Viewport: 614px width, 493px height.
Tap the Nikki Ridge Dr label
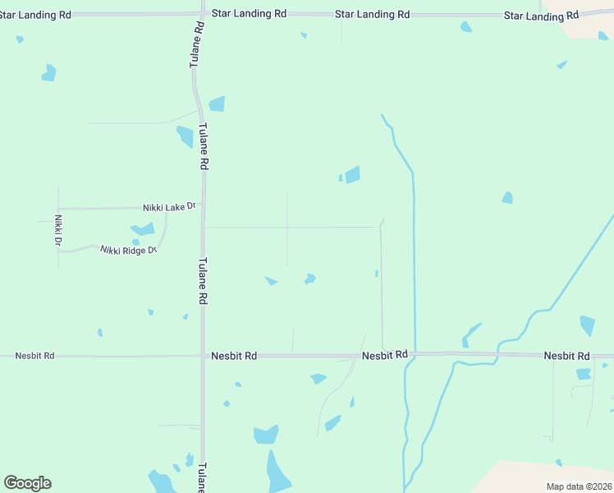coord(128,250)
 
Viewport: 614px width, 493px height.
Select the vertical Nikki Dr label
coord(58,230)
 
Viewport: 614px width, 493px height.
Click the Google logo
coord(27,483)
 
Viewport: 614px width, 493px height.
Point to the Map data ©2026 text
coord(579,486)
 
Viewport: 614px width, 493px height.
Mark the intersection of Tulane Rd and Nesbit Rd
coord(203,356)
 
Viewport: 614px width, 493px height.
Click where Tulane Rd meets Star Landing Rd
coord(201,14)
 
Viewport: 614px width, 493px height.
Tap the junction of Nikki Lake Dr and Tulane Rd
coord(204,208)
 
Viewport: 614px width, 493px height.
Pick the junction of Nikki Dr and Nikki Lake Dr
coord(58,209)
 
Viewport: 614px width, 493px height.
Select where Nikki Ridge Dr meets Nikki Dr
coord(58,250)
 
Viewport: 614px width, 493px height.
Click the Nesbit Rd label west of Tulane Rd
coord(34,356)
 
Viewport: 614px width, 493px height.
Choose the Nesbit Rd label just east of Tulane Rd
coord(234,356)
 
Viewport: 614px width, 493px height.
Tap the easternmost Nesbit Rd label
coord(566,356)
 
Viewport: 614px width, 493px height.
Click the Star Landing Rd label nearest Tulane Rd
coord(249,14)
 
